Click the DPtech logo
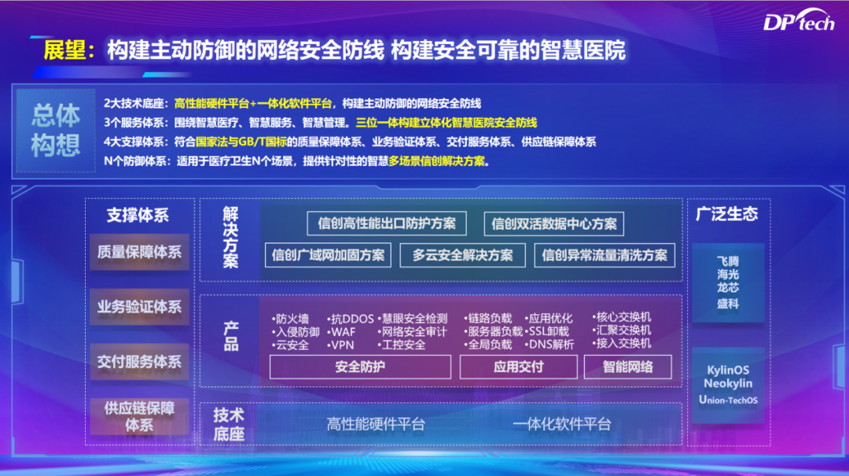pyautogui.click(x=799, y=20)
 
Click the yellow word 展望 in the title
pyautogui.click(x=64, y=50)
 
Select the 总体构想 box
pyautogui.click(x=56, y=131)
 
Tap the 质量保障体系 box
pyautogui.click(x=139, y=252)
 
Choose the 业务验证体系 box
pyautogui.click(x=139, y=307)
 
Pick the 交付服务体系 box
pyautogui.click(x=139, y=362)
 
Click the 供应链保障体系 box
pyautogui.click(x=139, y=416)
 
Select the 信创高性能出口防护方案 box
pyautogui.click(x=387, y=223)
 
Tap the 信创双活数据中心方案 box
pyautogui.click(x=554, y=224)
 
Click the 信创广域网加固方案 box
pyautogui.click(x=328, y=256)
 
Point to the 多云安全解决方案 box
pyautogui.click(x=462, y=256)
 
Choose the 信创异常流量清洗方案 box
pyautogui.click(x=605, y=256)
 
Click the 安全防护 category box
pyautogui.click(x=360, y=367)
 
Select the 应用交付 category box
pyautogui.click(x=518, y=367)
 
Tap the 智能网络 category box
pyautogui.click(x=627, y=367)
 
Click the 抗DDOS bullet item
pyautogui.click(x=351, y=319)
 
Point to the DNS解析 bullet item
pyautogui.click(x=549, y=345)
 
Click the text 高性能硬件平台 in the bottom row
pyautogui.click(x=376, y=424)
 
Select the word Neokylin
pyautogui.click(x=728, y=383)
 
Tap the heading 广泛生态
pyautogui.click(x=726, y=214)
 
